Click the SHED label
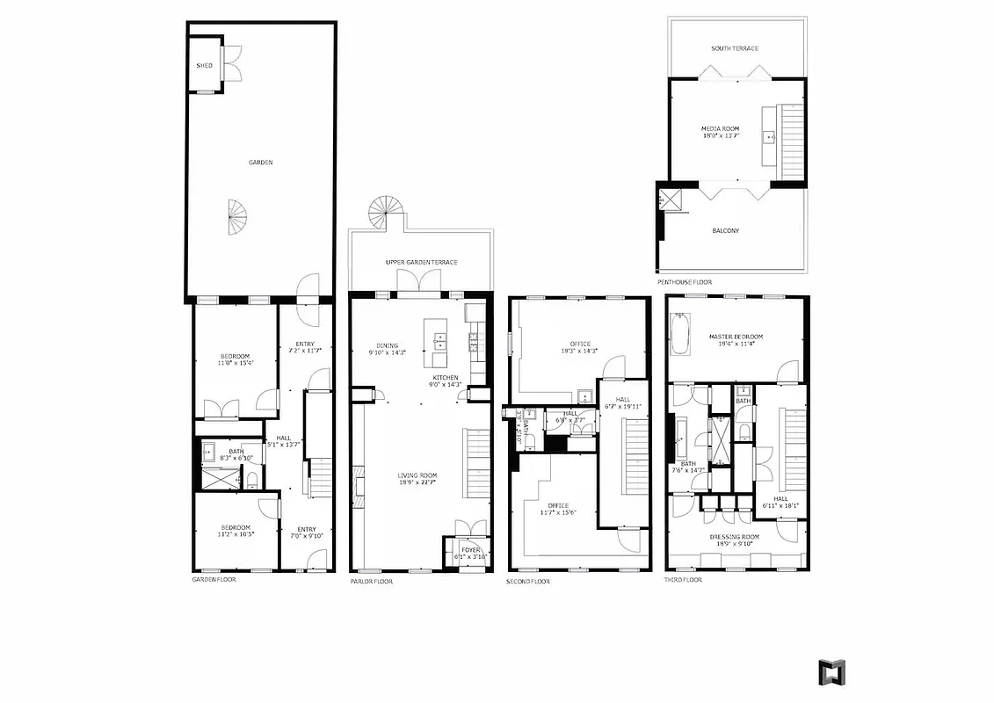pos(204,66)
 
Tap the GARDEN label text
pos(260,163)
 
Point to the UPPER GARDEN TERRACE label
pos(421,263)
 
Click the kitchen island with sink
pos(437,345)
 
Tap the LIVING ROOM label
pos(417,475)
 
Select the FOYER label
pos(470,549)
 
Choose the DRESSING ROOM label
pos(735,536)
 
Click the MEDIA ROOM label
pos(720,128)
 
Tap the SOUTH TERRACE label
pos(735,48)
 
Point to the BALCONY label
pos(725,231)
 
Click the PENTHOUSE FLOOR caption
pos(685,282)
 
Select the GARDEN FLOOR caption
pos(214,580)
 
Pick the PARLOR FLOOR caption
pos(371,581)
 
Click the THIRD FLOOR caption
pos(684,580)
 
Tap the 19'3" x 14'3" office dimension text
pos(579,351)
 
